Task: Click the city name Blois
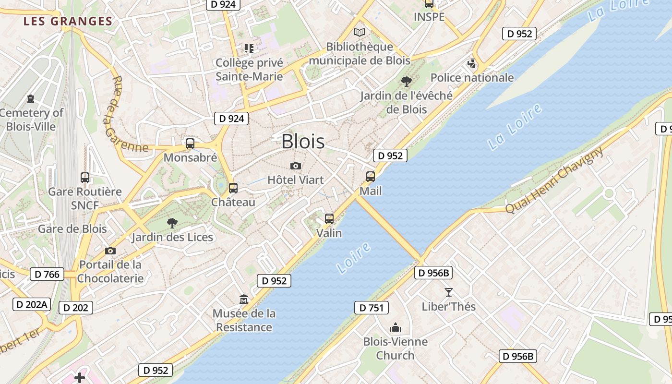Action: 303,141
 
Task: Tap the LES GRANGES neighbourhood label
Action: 68,21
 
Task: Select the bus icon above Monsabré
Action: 190,143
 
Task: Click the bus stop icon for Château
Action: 233,188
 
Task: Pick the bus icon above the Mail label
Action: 371,177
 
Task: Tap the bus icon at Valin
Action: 329,219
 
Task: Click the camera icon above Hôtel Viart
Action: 296,166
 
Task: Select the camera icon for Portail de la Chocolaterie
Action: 110,251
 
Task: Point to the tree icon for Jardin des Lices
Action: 172,223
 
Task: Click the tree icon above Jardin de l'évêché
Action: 407,81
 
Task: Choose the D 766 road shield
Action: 47,274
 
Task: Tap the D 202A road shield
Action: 31,304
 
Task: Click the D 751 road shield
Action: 372,308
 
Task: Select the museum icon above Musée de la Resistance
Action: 244,300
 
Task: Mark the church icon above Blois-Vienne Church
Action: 396,328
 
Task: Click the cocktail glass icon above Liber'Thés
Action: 449,292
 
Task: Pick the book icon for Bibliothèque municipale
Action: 360,33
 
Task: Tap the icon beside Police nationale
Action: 472,63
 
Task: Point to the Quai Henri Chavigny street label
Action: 554,180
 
